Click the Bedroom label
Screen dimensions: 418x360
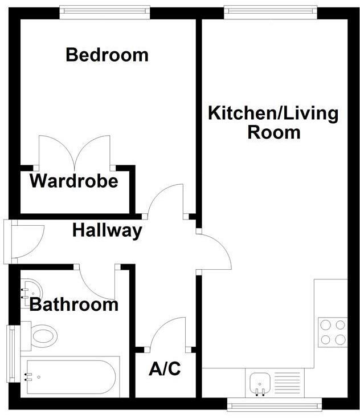tap(107, 55)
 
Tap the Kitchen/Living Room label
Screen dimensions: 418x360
tap(273, 123)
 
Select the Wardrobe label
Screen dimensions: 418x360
tap(74, 182)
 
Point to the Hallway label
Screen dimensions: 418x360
tap(107, 231)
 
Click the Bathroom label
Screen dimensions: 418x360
tap(74, 305)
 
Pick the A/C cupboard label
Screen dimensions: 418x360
tap(165, 370)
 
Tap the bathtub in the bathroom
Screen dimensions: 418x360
tap(68, 376)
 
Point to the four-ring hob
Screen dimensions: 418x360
tap(333, 332)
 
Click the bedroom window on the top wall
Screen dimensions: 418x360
tap(105, 10)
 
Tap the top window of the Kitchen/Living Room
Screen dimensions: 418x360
tap(270, 10)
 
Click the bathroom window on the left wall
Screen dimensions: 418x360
tap(10, 354)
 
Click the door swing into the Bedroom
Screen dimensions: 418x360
tap(166, 201)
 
